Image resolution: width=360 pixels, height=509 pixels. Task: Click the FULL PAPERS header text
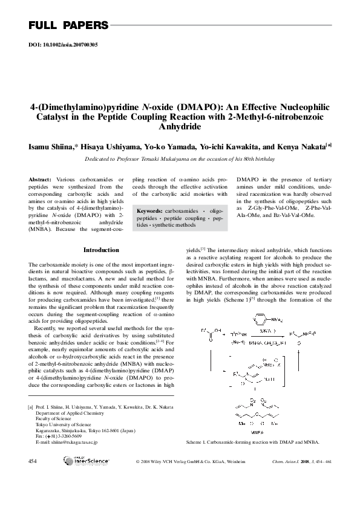pos(68,25)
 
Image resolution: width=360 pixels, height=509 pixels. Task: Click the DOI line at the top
pos(64,45)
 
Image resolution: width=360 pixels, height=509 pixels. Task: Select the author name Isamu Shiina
pos(50,146)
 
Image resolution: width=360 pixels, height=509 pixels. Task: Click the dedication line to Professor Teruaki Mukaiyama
pos(180,159)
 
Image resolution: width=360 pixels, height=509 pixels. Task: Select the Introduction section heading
pos(101,250)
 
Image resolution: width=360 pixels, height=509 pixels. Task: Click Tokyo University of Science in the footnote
pos(66,424)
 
